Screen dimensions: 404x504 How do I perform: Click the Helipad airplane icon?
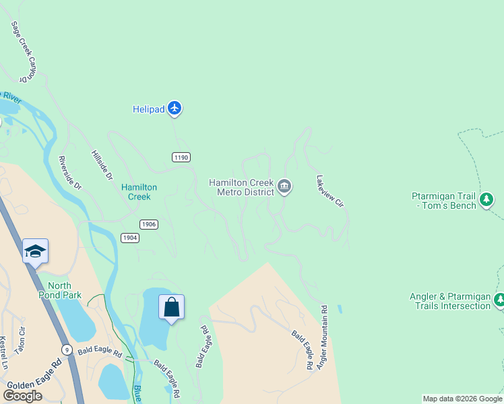click(x=175, y=108)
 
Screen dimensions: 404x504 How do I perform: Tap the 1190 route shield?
click(x=181, y=158)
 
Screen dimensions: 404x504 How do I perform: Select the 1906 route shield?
click(x=149, y=224)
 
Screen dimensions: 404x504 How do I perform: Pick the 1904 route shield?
click(x=131, y=238)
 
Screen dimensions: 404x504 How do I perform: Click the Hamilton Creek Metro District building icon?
click(x=284, y=187)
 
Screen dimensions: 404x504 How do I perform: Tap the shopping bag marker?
click(x=172, y=308)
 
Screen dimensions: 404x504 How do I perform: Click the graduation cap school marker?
click(x=35, y=252)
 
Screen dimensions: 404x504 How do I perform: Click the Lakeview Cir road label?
click(x=331, y=192)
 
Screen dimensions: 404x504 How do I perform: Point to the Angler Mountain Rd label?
click(x=323, y=336)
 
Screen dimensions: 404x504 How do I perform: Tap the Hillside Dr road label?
click(x=102, y=165)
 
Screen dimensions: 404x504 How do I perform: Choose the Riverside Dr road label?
click(x=69, y=173)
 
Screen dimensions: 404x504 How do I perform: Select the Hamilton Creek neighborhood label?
click(x=139, y=192)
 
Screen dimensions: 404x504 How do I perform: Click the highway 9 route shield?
click(x=66, y=349)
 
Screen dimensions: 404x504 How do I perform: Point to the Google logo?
click(x=22, y=396)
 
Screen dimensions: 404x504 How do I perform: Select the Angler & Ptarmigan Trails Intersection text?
click(x=450, y=302)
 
